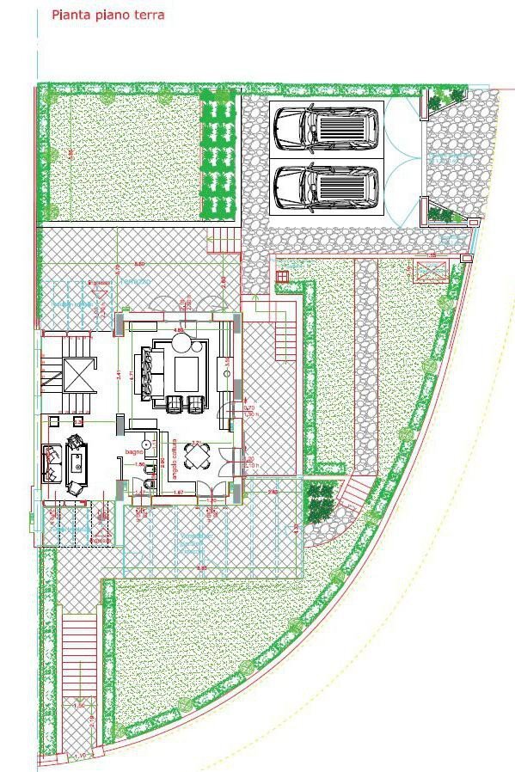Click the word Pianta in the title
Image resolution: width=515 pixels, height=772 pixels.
pos(71,15)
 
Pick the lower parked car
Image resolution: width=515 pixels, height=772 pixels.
pos(326,187)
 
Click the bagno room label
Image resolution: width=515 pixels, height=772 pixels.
pos(133,451)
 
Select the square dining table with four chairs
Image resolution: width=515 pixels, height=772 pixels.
pos(201,461)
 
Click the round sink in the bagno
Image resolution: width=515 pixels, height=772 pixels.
pos(147,444)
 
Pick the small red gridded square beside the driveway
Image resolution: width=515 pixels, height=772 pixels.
pos(282,276)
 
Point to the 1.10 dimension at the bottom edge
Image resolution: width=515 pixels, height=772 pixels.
pos(80,757)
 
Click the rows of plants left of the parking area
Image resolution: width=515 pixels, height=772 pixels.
pos(217,155)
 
